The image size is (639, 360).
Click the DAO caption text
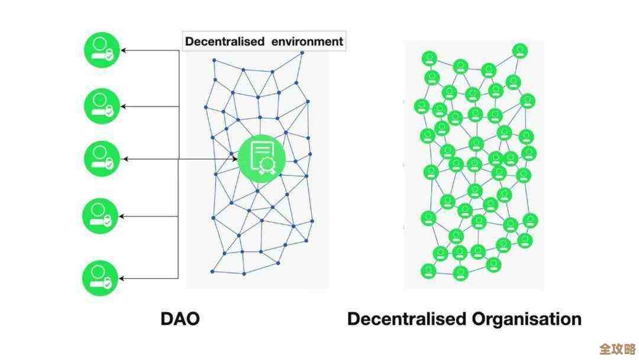[180, 319]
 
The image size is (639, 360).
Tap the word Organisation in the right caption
[527, 320]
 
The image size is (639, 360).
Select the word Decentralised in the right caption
[406, 320]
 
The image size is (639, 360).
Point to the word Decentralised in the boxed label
[224, 41]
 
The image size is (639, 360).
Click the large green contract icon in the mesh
[262, 158]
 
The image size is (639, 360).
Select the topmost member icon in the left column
[101, 50]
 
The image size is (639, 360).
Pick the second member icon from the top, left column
[101, 105]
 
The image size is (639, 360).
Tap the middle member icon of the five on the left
[101, 159]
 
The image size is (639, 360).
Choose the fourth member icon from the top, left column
[101, 216]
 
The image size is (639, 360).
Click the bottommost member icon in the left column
[101, 278]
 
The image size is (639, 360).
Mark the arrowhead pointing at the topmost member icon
[124, 50]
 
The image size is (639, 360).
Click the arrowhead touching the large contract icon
[235, 159]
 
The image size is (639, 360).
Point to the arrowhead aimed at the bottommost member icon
[124, 278]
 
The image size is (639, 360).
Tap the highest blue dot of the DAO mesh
[302, 53]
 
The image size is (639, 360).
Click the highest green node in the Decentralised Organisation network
[520, 50]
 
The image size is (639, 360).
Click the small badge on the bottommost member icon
[108, 284]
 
